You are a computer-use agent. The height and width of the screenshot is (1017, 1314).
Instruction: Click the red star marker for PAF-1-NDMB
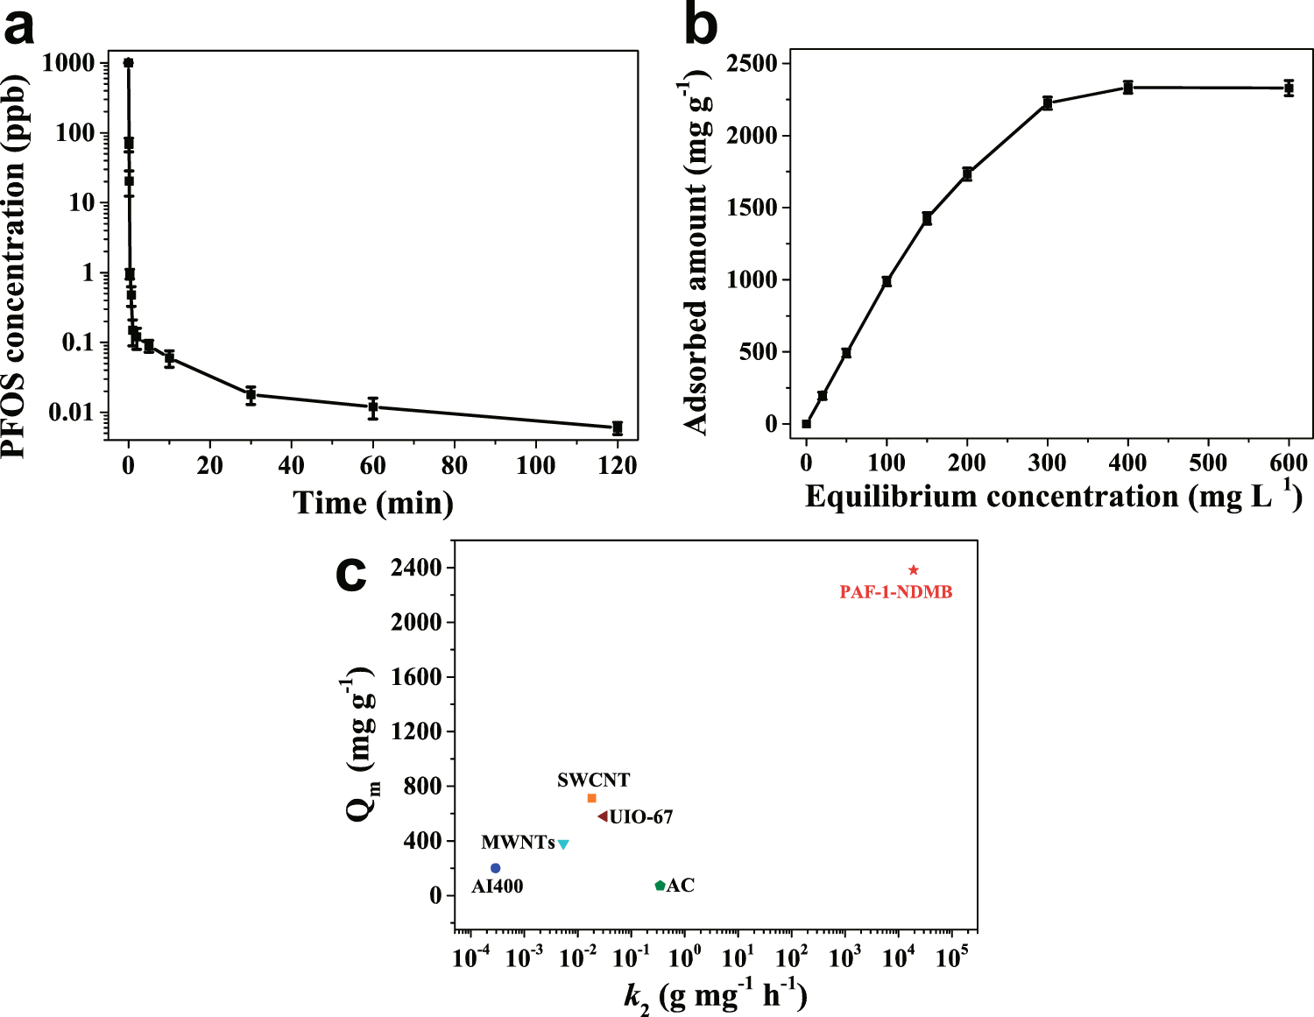914,570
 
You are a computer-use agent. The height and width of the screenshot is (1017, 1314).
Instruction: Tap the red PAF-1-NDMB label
895,593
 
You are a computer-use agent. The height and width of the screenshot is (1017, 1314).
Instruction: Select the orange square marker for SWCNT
592,798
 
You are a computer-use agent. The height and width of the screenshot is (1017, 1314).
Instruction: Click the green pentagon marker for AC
660,886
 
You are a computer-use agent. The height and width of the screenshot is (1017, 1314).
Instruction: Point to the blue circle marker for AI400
495,868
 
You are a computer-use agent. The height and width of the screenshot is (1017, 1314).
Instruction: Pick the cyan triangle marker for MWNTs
563,844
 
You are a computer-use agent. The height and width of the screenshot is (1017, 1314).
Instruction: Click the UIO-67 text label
641,817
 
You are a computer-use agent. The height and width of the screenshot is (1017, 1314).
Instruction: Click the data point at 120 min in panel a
618,427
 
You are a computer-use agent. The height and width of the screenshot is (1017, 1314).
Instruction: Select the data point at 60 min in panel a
373,407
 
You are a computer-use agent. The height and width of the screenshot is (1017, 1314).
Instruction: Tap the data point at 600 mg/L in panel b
1289,88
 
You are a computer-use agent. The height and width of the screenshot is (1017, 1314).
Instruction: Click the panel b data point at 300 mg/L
1048,103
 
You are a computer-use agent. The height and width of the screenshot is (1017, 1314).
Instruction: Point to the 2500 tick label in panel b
751,64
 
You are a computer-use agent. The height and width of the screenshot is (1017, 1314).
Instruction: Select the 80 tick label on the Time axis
454,465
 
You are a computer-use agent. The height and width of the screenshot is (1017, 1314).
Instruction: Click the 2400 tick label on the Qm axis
416,569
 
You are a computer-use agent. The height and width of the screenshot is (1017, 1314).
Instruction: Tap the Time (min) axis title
373,503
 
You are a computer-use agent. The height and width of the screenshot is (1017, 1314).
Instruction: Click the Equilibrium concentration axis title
1052,497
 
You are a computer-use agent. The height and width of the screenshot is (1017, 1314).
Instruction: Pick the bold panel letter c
351,574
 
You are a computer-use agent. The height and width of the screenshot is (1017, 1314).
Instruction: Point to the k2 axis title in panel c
714,996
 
